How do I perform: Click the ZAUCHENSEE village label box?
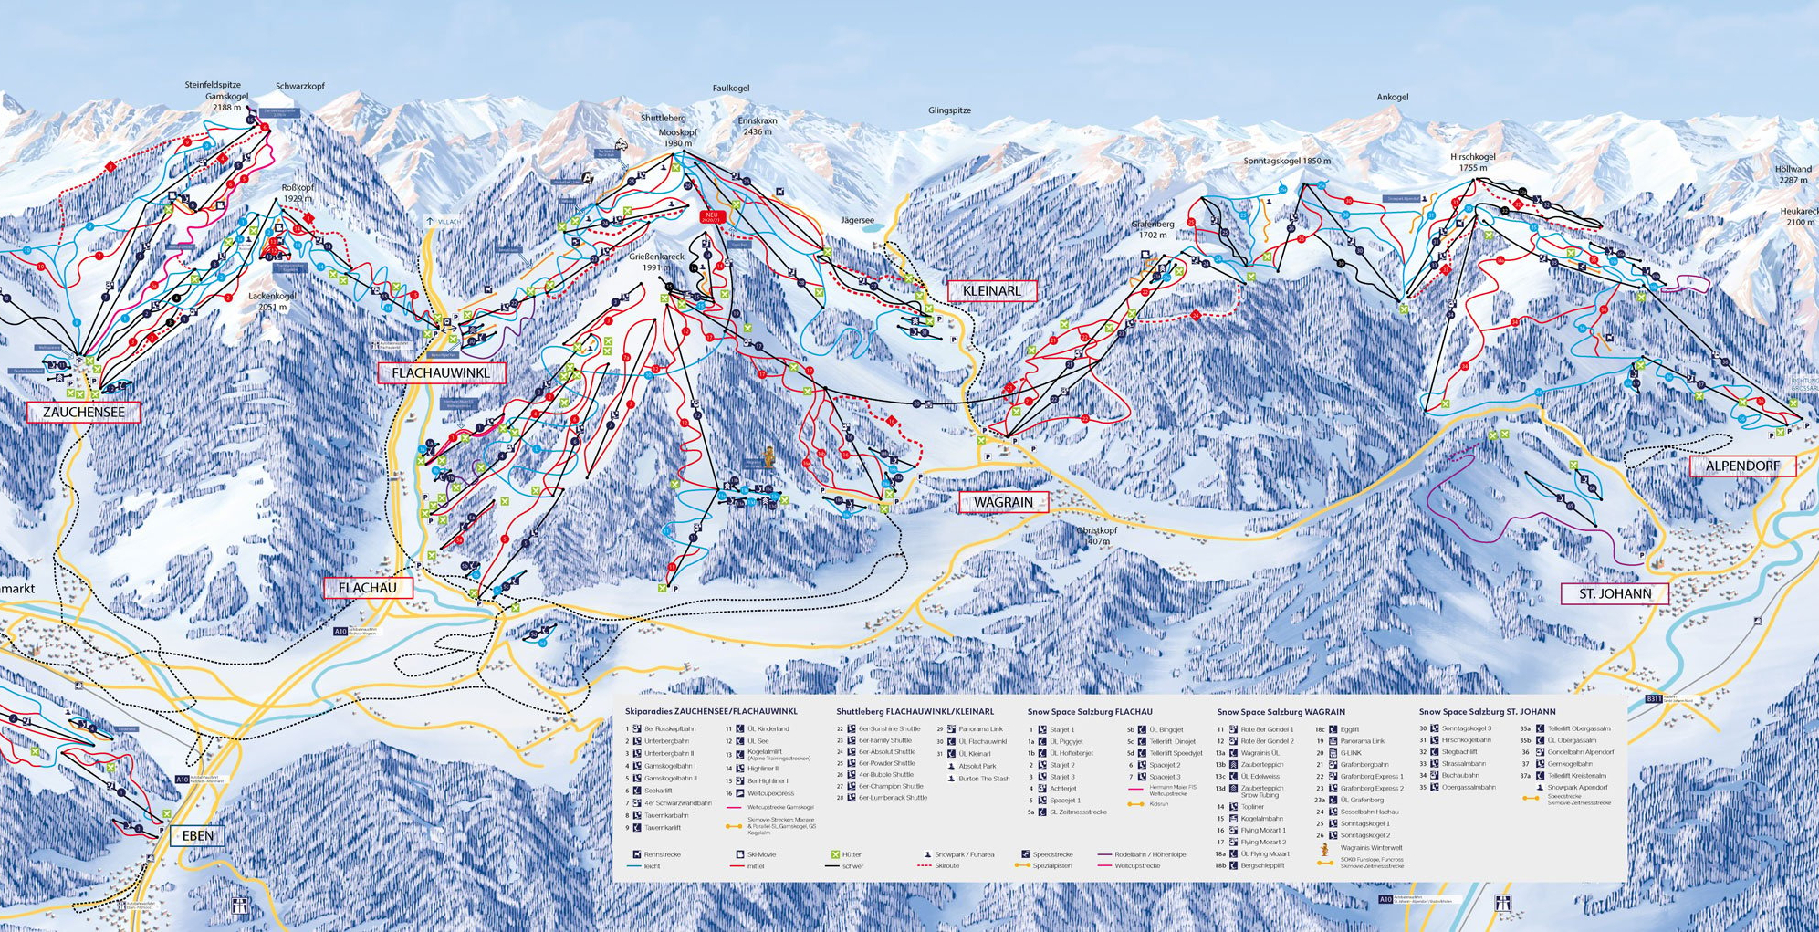[83, 412]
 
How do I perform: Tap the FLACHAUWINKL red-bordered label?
[441, 372]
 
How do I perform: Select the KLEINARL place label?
[991, 291]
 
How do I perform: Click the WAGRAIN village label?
[1003, 502]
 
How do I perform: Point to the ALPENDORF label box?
[1742, 466]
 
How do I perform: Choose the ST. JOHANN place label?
[1615, 593]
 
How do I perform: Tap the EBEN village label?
[198, 835]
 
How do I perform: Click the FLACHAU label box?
[367, 588]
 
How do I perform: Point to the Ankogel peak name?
[1392, 97]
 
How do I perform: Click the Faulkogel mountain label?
[730, 89]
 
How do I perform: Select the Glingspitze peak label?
[949, 110]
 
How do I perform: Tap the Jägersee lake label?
[857, 220]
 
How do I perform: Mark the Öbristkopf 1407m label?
[1097, 536]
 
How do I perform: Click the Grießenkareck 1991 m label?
[655, 262]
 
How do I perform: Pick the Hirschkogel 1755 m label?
[1472, 162]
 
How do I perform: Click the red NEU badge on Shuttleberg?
[710, 217]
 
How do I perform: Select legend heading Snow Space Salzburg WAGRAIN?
[1281, 712]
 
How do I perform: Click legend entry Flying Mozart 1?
[1263, 831]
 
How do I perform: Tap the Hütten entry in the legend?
[852, 854]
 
